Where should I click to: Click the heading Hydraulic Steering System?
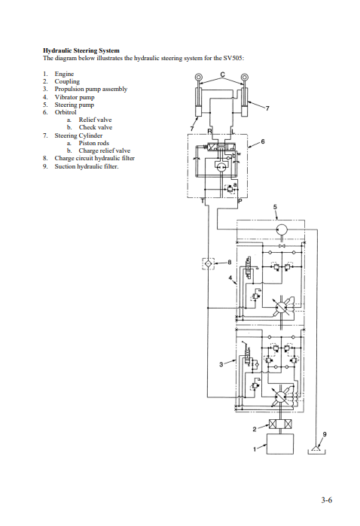coord(81,50)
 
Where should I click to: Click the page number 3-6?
coord(326,500)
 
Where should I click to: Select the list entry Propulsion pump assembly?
coord(91,90)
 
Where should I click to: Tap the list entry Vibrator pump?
coord(75,97)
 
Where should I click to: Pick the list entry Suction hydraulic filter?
coord(87,166)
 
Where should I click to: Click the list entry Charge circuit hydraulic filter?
coord(95,158)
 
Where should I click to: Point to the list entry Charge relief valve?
coord(105,151)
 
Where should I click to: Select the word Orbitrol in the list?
coord(66,112)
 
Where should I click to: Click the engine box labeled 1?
coord(280,444)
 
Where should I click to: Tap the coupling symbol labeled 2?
coord(280,424)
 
